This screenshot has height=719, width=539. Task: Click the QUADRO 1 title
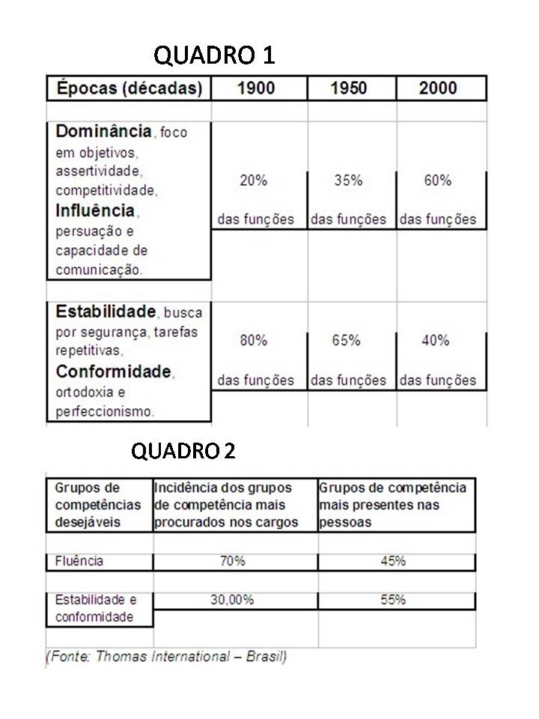pyautogui.click(x=214, y=55)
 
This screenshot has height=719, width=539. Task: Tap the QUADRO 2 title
pyautogui.click(x=183, y=451)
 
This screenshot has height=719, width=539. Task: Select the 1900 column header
pyautogui.click(x=256, y=88)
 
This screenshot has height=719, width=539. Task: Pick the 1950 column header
pyautogui.click(x=348, y=88)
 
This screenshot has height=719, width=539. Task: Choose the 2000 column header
pyautogui.click(x=438, y=88)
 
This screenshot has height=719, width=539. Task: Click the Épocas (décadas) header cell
pyautogui.click(x=129, y=88)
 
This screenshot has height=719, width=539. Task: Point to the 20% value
pyautogui.click(x=253, y=180)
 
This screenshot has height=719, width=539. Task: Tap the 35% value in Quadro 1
pyautogui.click(x=348, y=180)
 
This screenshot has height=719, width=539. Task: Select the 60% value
pyautogui.click(x=437, y=180)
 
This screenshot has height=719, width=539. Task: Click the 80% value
pyautogui.click(x=253, y=340)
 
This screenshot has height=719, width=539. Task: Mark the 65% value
pyautogui.click(x=346, y=340)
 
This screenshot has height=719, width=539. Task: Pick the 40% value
pyautogui.click(x=435, y=340)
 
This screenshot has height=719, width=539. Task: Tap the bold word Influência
pyautogui.click(x=95, y=210)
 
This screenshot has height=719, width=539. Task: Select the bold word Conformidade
pyautogui.click(x=114, y=371)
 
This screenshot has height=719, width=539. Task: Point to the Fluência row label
pyautogui.click(x=79, y=561)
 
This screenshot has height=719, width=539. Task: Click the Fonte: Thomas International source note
pyautogui.click(x=167, y=657)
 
